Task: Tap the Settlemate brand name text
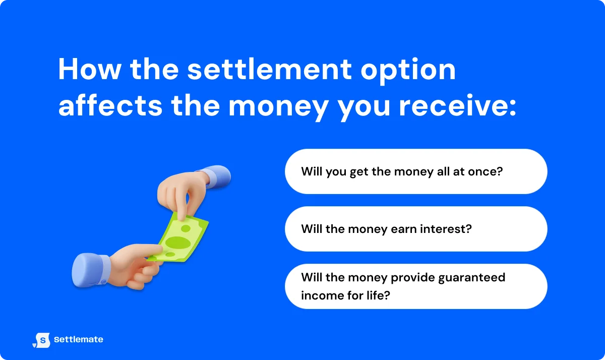coord(78,340)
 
